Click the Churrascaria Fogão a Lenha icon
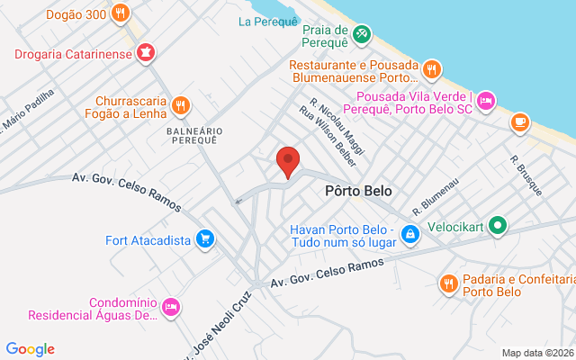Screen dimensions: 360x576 click(181, 105)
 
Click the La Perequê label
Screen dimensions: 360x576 click(267, 21)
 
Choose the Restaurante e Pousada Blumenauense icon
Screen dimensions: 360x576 click(432, 68)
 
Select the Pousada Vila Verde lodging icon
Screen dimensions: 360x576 click(486, 100)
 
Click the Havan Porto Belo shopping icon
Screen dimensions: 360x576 click(410, 234)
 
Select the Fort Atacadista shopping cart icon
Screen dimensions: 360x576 click(206, 239)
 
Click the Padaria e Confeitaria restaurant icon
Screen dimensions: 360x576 click(447, 284)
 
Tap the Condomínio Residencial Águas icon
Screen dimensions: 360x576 click(171, 309)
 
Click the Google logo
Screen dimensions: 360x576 click(30, 349)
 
